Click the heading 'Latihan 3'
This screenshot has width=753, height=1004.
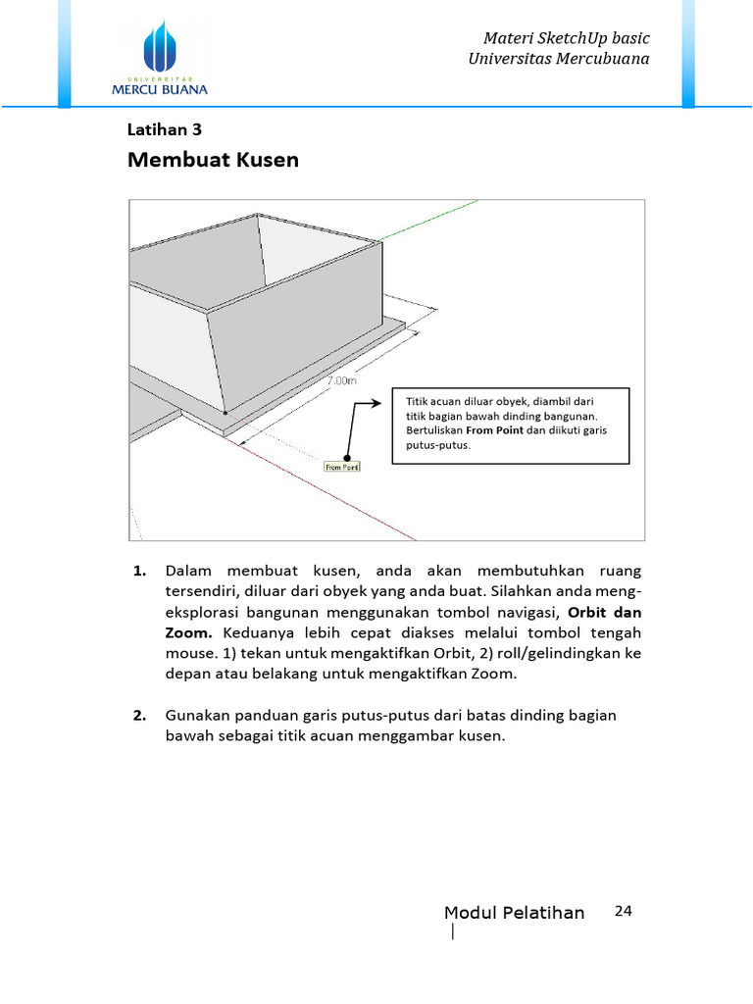165,128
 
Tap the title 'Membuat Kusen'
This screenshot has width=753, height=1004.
213,159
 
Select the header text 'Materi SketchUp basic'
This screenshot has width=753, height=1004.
567,38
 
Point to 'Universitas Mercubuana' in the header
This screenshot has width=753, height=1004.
560,59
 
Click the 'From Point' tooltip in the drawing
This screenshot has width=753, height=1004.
342,467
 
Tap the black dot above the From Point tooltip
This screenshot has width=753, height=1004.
345,453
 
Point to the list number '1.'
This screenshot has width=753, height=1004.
139,570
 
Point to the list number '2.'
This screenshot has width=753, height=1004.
139,715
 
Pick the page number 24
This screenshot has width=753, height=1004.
623,911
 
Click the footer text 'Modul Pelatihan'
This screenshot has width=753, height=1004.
514,913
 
